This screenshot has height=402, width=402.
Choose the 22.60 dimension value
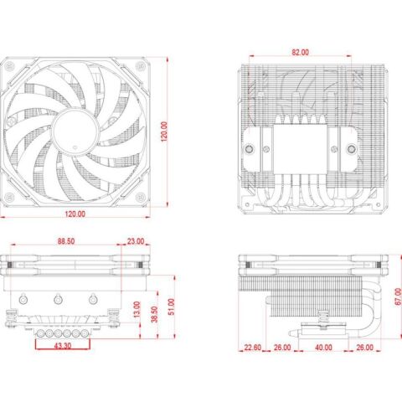pos(254,347)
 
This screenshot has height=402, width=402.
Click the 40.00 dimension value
pos(322,347)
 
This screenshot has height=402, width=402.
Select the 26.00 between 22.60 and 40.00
pos(281,347)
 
